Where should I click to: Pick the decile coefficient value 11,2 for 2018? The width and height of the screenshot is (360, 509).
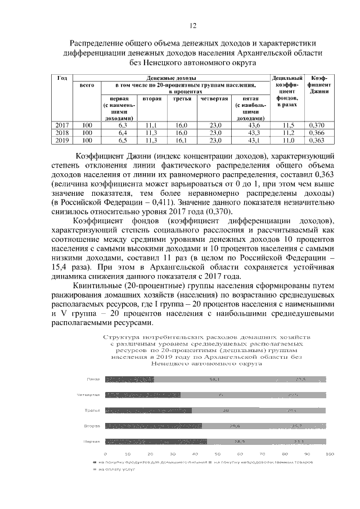[288, 133]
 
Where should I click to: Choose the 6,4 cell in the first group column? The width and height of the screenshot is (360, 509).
[123, 133]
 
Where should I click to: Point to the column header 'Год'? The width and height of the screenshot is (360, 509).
[63, 78]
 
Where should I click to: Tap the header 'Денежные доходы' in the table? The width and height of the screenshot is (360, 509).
[172, 78]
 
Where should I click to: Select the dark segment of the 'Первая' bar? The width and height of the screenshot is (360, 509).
[156, 442]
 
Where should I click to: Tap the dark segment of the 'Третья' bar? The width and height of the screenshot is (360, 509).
[148, 410]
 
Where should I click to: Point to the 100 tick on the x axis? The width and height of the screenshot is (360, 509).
[329, 453]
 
